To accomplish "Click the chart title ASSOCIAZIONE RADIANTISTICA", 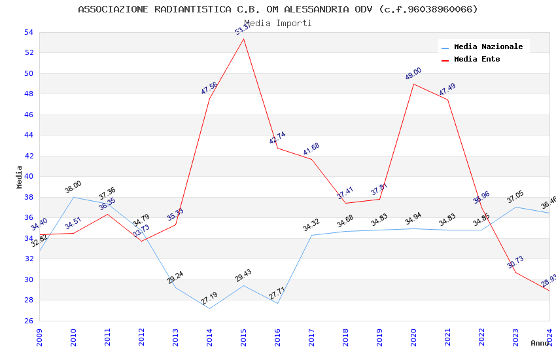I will pos(278,9).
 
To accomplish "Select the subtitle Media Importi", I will pos(278,23).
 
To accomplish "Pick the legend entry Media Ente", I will pos(477,59).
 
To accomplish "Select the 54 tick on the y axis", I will pos(28,32).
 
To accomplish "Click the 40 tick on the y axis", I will pos(28,177).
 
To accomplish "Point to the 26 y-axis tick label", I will pos(28,321).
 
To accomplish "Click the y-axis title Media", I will pos(19,177).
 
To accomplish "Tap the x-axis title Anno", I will pos(540,343).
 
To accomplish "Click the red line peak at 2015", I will pos(243,39).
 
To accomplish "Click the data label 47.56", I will pos(209,88).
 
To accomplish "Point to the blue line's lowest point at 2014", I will pos(209,308).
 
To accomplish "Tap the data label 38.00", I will pos(73,187).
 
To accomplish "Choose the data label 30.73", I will pos(515,262).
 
